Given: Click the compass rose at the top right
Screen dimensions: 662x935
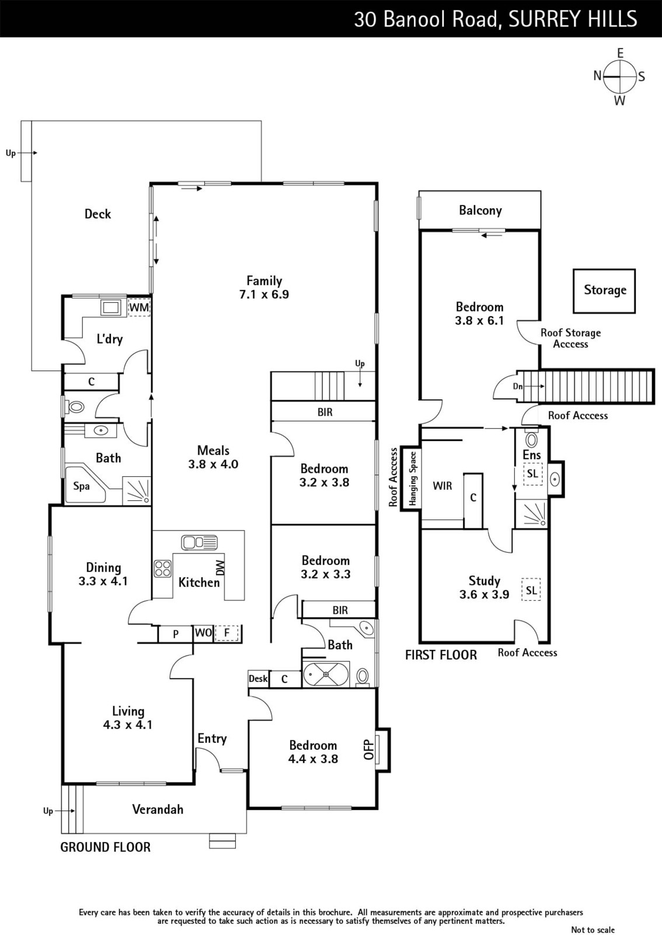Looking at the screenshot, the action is (620, 77).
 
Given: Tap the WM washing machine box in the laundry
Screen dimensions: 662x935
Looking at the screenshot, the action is (139, 307).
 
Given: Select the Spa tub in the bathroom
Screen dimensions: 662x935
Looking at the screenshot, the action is (85, 485).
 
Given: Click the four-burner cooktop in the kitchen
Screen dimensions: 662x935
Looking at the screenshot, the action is (163, 569).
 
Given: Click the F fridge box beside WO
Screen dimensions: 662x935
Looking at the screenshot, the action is (227, 633).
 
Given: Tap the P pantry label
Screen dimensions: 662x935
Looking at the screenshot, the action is (176, 634).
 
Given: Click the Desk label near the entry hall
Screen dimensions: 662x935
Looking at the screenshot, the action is (258, 678).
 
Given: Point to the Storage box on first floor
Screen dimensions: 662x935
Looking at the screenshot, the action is (604, 291).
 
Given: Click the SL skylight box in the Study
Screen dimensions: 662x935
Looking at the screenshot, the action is (531, 590).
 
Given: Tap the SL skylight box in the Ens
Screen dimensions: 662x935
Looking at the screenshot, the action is (532, 474).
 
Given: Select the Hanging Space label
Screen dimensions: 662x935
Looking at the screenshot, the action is (413, 479).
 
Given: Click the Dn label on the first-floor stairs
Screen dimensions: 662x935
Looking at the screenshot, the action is (518, 386).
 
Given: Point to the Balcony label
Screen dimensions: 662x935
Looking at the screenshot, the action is (480, 210).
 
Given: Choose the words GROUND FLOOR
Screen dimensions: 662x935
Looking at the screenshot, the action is (106, 847).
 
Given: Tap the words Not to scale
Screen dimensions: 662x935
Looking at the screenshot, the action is (593, 930).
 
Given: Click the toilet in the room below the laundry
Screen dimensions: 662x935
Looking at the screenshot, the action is (75, 406).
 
